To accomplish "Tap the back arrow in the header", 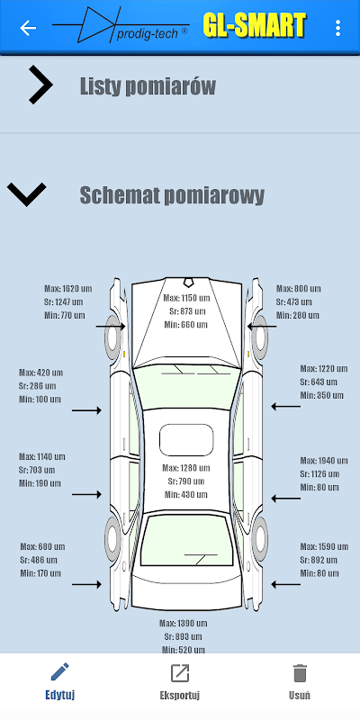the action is [x=28, y=28].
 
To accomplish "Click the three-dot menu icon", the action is [x=338, y=28].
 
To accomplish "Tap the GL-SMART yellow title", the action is [x=255, y=25].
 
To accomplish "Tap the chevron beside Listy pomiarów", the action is [x=40, y=85].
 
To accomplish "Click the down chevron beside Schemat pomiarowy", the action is [x=27, y=194].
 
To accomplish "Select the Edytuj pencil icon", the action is [x=59, y=672].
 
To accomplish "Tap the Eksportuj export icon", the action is [x=179, y=672].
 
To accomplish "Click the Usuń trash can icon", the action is [x=300, y=673].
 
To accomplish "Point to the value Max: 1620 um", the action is [x=68, y=289].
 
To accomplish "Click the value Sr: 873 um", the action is [x=187, y=311].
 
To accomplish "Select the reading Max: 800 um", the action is [x=299, y=289].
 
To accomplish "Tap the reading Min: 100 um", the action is [x=40, y=399].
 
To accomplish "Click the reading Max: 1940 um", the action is [x=324, y=461].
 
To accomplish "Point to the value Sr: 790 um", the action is [x=186, y=481].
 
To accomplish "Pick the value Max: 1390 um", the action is [x=184, y=623].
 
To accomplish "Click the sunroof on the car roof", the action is [x=186, y=440].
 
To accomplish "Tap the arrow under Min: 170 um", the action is [x=86, y=584].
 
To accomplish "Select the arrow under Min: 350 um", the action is [x=285, y=407].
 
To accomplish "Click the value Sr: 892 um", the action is [x=319, y=560].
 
